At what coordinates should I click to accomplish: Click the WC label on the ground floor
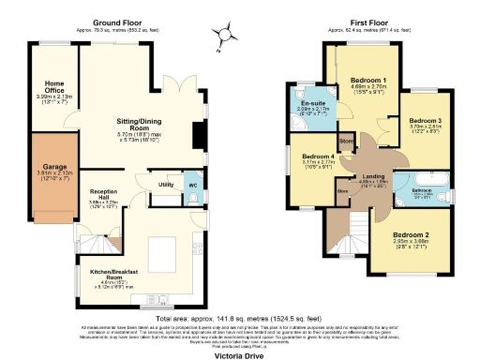point(192,184)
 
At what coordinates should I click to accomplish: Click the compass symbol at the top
point(224,35)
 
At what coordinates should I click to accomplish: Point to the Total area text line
point(241,318)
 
